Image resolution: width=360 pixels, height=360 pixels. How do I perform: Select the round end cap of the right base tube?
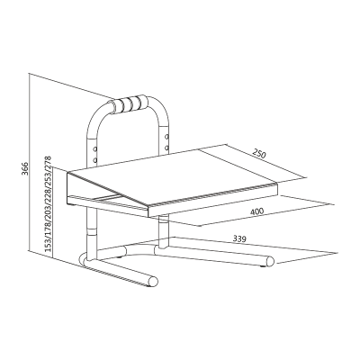coord(268,265)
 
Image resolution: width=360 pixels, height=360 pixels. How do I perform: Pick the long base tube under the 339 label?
coord(216,255)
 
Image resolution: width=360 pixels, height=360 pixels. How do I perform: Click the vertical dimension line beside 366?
coord(31,171)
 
